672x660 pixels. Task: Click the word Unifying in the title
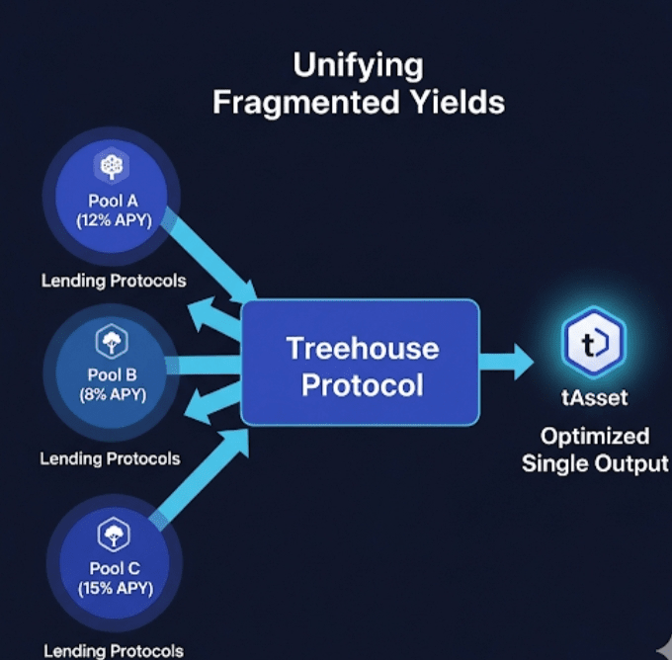(x=359, y=66)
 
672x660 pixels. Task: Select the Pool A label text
(x=113, y=201)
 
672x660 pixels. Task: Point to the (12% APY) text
(x=114, y=220)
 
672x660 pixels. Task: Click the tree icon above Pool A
(x=112, y=166)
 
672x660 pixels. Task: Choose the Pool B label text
(x=113, y=374)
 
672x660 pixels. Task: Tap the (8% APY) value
(x=113, y=394)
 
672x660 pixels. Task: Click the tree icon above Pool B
(x=112, y=341)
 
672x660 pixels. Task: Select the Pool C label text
(x=115, y=568)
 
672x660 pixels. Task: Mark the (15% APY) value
(x=116, y=588)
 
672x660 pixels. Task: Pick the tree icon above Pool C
(x=114, y=535)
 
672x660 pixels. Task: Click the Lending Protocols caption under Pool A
(x=114, y=282)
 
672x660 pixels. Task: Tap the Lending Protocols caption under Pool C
(x=114, y=651)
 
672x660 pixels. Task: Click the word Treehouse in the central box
(x=363, y=348)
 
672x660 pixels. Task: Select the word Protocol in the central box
(x=363, y=384)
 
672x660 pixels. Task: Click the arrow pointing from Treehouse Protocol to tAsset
(x=507, y=362)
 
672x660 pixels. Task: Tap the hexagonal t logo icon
(x=594, y=342)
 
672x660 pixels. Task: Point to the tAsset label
(x=595, y=398)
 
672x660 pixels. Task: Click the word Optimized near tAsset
(x=595, y=437)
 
